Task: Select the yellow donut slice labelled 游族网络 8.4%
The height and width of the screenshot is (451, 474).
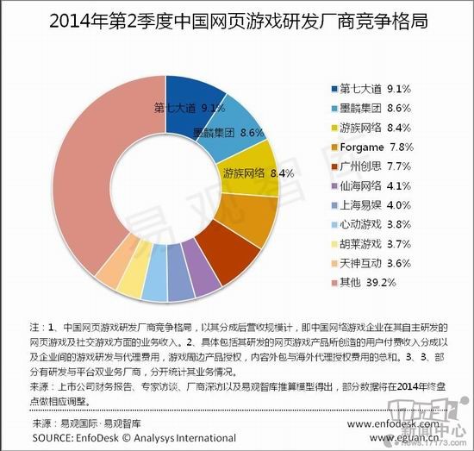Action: click(250, 172)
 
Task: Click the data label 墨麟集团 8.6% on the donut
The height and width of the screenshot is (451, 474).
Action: click(227, 134)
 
